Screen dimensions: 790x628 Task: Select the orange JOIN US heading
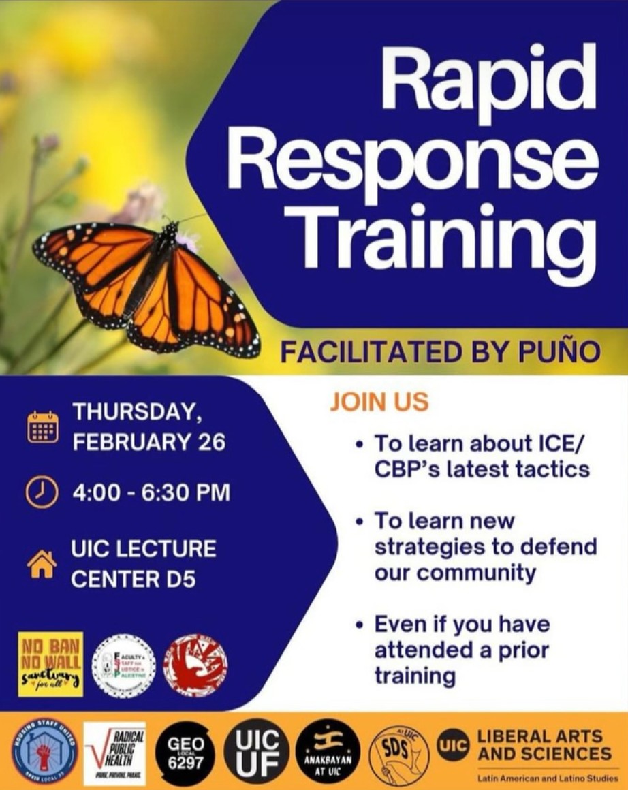(x=379, y=401)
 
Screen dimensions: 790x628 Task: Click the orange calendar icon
(x=42, y=428)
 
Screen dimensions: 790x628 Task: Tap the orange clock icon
(x=42, y=492)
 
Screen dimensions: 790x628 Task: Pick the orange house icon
(x=42, y=564)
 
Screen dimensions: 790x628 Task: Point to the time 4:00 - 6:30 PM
(x=151, y=492)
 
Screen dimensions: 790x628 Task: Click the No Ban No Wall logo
(x=50, y=663)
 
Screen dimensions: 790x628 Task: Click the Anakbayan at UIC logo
(x=328, y=753)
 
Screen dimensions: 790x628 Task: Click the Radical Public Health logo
(x=114, y=753)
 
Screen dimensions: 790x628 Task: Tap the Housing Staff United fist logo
(x=44, y=754)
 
